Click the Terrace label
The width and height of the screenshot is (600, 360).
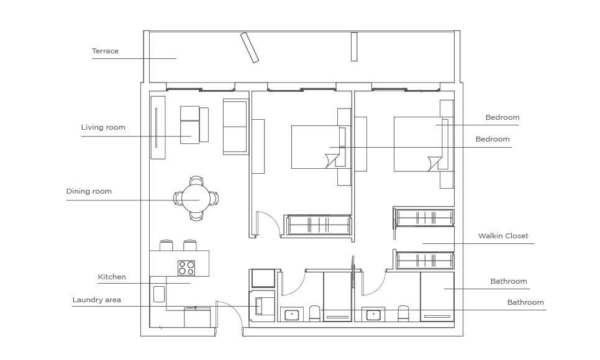[105, 51]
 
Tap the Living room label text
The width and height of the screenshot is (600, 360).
[103, 127]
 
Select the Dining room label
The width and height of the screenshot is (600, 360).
[89, 191]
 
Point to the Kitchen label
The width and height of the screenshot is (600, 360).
[112, 277]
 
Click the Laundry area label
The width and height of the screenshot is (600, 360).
[96, 300]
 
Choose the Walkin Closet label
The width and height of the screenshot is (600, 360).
[503, 236]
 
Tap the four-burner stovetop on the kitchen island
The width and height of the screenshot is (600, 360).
[186, 268]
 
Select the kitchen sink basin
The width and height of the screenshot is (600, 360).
[159, 294]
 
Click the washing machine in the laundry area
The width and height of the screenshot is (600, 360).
[262, 305]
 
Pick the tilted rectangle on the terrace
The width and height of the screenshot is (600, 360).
[250, 47]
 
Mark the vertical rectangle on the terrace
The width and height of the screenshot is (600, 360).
[354, 47]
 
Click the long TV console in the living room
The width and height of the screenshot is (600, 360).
[158, 127]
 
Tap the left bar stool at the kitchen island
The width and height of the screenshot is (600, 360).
[166, 245]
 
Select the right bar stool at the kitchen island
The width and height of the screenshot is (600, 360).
[190, 245]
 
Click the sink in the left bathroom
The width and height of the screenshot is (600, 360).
[291, 315]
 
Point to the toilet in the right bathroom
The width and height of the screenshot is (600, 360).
[403, 313]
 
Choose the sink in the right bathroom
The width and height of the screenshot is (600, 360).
[373, 315]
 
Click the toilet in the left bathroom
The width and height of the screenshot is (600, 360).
[314, 313]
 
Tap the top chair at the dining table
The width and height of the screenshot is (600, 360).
[196, 180]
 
